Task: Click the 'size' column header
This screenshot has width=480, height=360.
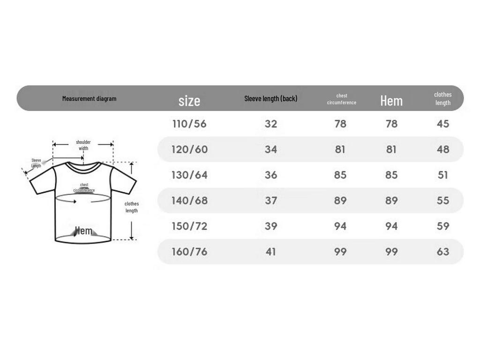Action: tap(189, 101)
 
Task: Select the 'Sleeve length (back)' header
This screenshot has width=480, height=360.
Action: tap(270, 98)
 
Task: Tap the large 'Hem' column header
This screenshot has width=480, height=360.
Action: tap(391, 100)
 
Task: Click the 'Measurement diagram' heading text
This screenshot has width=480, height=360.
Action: tap(89, 98)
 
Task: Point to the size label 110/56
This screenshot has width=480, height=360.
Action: tap(189, 124)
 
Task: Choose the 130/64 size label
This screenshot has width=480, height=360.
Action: tap(189, 175)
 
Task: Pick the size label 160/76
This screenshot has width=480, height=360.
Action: tap(189, 252)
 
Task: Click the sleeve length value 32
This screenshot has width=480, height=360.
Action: tap(270, 124)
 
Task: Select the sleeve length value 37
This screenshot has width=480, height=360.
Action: tap(270, 201)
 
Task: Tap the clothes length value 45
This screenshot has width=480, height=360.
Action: tap(442, 124)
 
